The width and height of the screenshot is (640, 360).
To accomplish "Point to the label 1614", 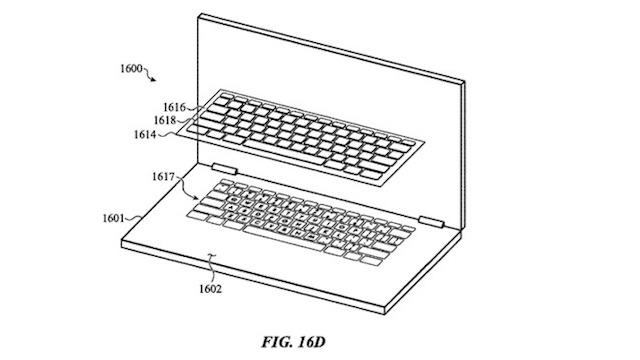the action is [149, 135].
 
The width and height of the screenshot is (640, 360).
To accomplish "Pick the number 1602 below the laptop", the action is [208, 291].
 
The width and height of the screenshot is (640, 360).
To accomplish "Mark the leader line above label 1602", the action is [211, 266].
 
